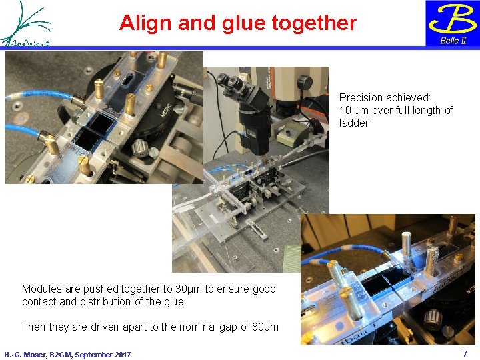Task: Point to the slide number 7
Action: [465, 353]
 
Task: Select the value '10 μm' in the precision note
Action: [354, 111]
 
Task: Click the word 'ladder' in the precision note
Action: [354, 123]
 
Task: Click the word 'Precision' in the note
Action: [362, 98]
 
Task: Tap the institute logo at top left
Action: [27, 24]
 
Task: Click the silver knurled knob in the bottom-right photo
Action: [434, 319]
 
